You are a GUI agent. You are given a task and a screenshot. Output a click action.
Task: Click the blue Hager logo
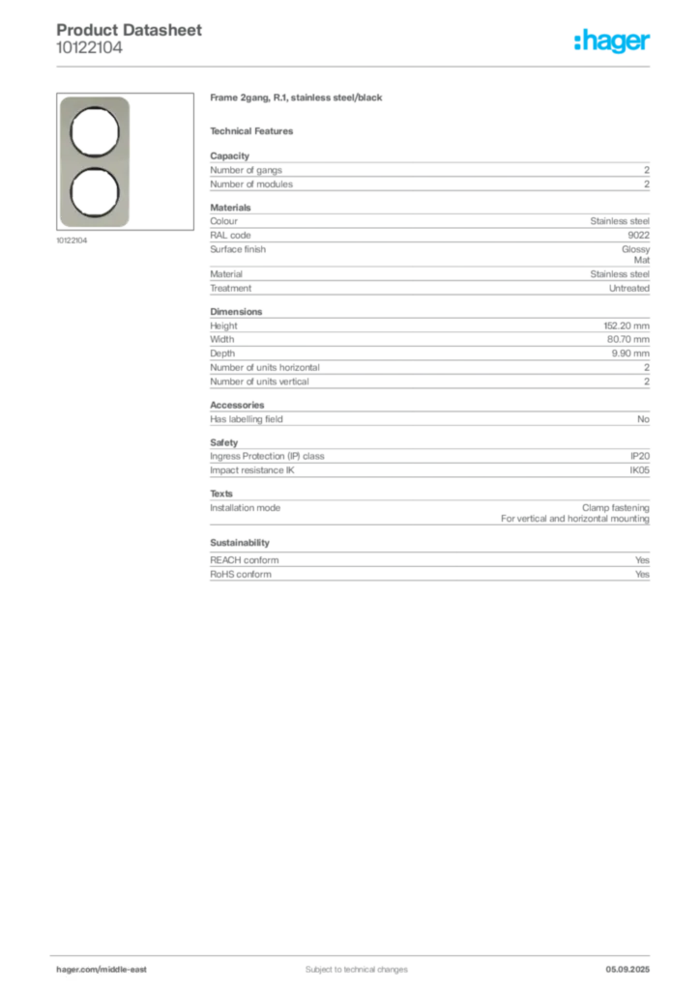coord(613,42)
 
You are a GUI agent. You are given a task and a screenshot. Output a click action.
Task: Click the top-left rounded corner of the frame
coord(65,100)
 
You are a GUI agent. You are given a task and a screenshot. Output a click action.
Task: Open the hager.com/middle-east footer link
coord(108,969)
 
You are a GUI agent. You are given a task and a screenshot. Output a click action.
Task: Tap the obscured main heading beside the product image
coord(298,100)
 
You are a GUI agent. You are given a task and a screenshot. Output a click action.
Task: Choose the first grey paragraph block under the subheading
coord(428,174)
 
